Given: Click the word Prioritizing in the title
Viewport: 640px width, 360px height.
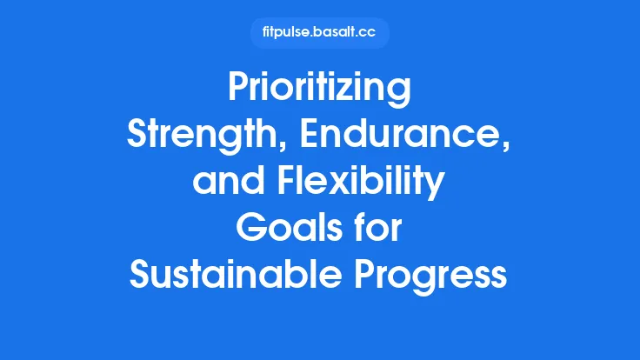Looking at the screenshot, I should [x=319, y=90].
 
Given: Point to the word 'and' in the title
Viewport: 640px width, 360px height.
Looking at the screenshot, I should [x=223, y=183].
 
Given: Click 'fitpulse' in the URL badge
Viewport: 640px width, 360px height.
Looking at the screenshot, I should [x=288, y=33].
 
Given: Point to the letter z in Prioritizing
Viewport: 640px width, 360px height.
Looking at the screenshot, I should [x=363, y=90].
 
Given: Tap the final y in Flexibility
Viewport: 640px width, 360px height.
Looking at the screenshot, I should [x=436, y=188].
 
